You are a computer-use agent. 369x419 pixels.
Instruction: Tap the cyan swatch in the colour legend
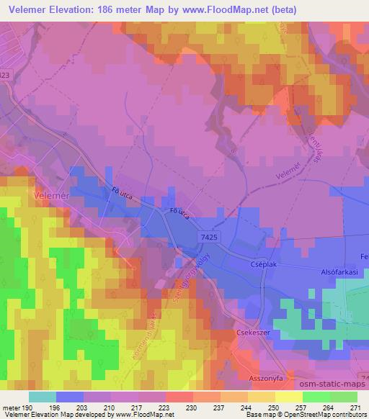(x=43, y=397)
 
